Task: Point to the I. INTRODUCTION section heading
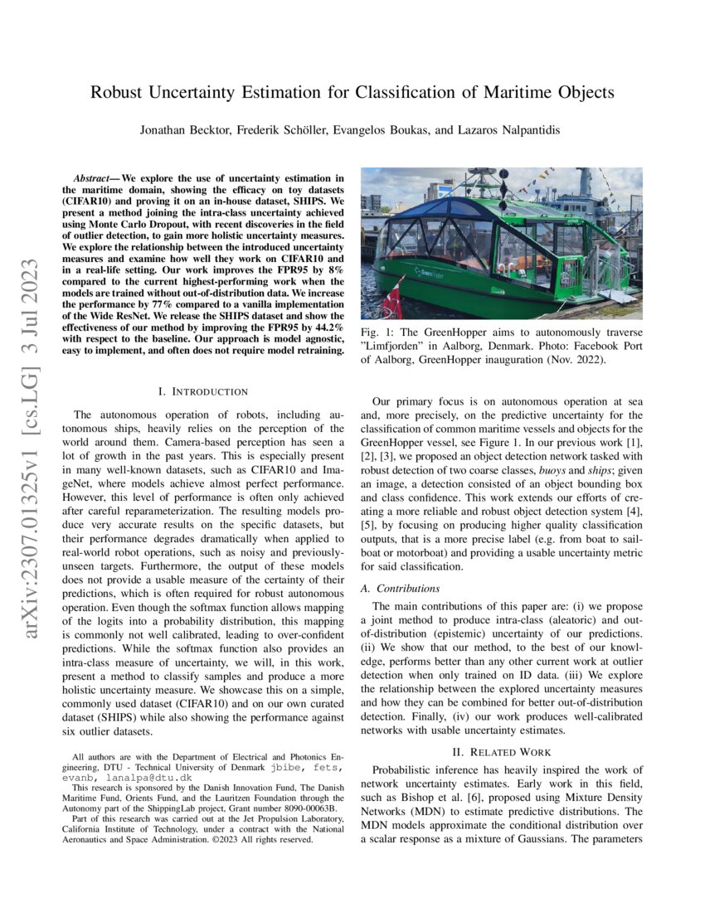(x=202, y=391)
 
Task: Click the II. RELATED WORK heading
(x=501, y=752)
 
